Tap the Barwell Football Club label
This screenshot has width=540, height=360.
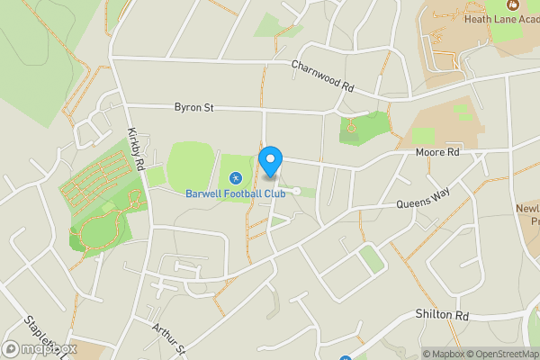point(236,193)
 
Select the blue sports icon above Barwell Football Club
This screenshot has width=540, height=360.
point(236,178)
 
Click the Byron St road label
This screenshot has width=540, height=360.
point(193,108)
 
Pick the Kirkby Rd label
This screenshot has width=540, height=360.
point(136,149)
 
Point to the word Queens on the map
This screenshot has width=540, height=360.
point(409,206)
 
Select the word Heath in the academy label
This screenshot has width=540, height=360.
point(476,18)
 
